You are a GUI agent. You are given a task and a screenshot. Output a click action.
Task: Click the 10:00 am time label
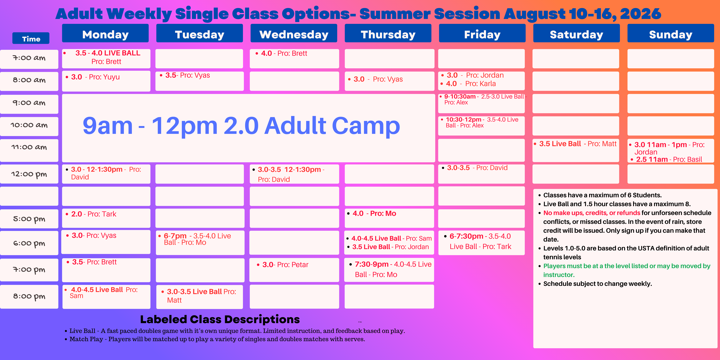point(29,125)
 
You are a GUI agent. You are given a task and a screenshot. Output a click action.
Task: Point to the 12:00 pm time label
point(29,174)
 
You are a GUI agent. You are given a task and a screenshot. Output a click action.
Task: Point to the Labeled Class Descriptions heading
point(220,319)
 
